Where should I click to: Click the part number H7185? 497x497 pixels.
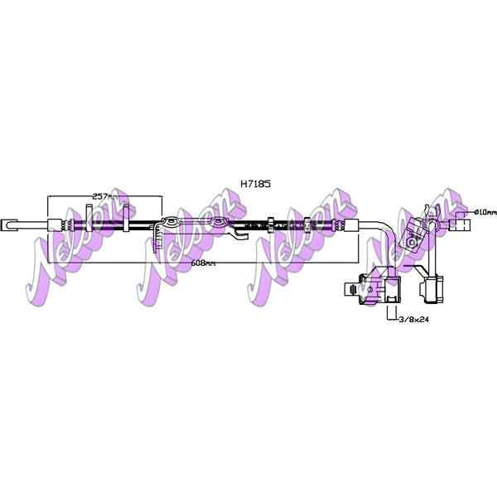255,184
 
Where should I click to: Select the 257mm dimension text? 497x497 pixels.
104,196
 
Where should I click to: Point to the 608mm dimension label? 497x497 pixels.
203,263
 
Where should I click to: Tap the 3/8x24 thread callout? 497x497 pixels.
413,320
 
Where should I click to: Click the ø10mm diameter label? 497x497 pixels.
485,212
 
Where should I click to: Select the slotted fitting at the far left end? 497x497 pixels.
8,224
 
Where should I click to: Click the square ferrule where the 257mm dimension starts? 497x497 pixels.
54,225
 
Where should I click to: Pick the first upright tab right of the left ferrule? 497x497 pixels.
89,218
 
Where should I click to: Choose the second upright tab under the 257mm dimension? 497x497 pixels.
126,218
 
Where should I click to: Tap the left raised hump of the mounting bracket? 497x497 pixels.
171,221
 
